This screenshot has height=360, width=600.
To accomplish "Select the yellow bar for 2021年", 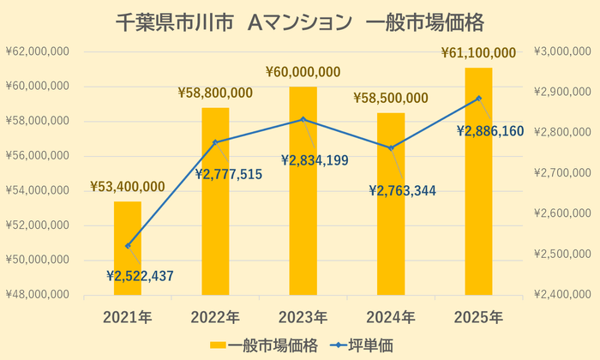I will pyautogui.click(x=128, y=249).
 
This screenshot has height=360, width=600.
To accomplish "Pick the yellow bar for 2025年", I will pyautogui.click(x=478, y=180).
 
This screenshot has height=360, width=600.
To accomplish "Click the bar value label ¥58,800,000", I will pyautogui.click(x=215, y=92).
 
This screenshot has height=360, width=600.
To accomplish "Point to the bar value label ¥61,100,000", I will pyautogui.click(x=478, y=53).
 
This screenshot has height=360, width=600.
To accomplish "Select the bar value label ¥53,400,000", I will pyautogui.click(x=128, y=187).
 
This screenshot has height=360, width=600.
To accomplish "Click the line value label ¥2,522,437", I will pyautogui.click(x=140, y=275).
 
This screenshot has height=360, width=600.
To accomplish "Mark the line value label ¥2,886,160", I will pyautogui.click(x=489, y=131).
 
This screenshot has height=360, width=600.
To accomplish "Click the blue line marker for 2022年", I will pyautogui.click(x=215, y=141).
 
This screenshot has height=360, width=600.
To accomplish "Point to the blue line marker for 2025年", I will pyautogui.click(x=478, y=98).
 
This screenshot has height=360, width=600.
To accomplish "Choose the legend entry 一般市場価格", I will pyautogui.click(x=265, y=345).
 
